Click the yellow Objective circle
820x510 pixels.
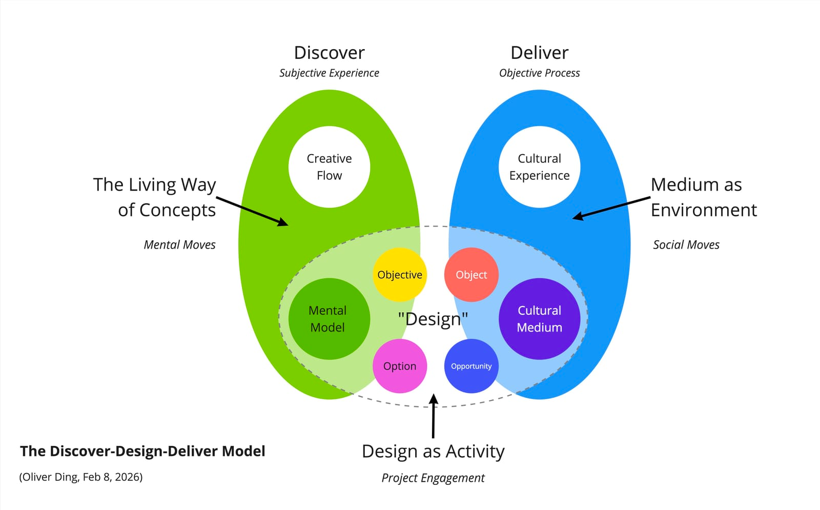tap(400, 275)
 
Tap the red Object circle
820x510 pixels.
tap(471, 275)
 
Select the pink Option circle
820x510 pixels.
tap(400, 366)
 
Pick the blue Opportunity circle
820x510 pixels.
tap(471, 366)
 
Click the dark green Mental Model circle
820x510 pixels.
tap(329, 319)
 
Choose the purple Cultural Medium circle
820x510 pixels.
tap(539, 319)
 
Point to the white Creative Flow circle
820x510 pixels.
tap(329, 167)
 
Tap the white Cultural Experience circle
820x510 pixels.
tap(539, 167)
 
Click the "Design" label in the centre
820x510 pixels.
tap(433, 319)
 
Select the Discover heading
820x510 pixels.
tap(329, 53)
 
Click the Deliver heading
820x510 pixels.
tap(539, 53)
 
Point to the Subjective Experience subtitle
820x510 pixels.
tap(329, 73)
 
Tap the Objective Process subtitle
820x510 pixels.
tap(539, 73)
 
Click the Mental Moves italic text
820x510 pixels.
tap(179, 245)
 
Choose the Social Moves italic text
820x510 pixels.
tap(686, 245)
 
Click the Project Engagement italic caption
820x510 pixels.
tap(433, 478)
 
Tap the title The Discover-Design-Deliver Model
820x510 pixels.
tap(142, 451)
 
